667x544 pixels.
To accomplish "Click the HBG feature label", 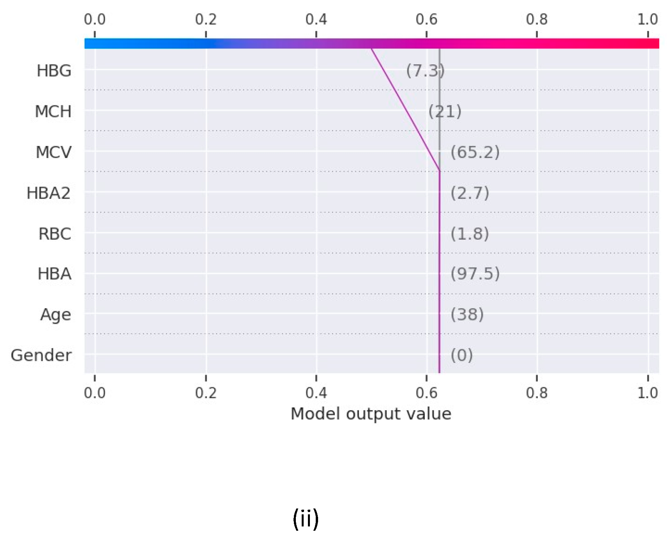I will (54, 71).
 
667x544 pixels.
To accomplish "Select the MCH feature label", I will (53, 112).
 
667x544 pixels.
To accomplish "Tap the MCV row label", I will (53, 152).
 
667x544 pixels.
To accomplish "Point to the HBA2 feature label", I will (48, 193).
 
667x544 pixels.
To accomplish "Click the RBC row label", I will (55, 234).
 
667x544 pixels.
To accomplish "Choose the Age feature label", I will (55, 315).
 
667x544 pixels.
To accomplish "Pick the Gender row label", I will (41, 356).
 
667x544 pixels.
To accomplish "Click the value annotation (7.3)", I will (425, 71).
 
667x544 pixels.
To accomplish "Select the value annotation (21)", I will (445, 112).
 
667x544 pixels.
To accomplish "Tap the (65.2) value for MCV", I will (475, 152).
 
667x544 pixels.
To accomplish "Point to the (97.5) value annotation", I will (475, 274).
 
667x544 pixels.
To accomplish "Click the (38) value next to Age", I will (467, 315).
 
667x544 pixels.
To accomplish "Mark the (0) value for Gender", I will (461, 356).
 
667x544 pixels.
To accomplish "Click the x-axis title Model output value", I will (371, 414).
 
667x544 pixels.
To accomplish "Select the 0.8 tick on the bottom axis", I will (537, 393).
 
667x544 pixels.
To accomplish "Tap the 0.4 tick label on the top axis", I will (316, 19).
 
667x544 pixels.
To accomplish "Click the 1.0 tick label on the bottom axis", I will (647, 393).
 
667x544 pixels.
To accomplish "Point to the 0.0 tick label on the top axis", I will (95, 19).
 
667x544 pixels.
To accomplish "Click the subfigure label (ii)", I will (306, 519).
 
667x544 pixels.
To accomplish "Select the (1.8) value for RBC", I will (470, 234).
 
